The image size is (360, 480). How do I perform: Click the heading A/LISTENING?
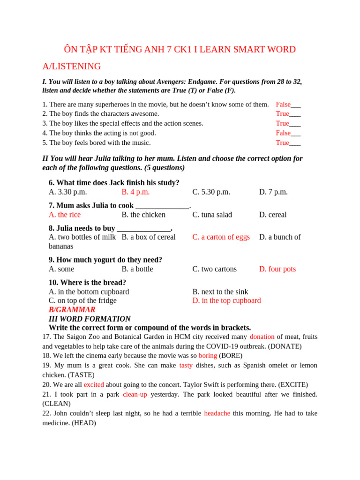pos(71,67)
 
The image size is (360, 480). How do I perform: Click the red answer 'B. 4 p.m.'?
pos(135,192)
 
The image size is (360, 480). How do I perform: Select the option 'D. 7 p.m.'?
pos(273,192)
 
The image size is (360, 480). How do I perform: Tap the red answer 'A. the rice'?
pos(65,215)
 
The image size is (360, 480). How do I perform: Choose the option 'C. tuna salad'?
pos(212,215)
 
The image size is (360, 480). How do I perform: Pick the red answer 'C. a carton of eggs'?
pos(221,237)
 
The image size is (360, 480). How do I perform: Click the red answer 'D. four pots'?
pos(277,269)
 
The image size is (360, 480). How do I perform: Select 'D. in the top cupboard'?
pos(226,300)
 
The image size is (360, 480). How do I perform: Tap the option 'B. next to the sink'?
pos(220,292)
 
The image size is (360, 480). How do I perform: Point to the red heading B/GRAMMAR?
pos(72,310)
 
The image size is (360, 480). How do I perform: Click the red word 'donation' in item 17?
pos(262,337)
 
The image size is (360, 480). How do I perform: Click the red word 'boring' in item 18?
pos(208,356)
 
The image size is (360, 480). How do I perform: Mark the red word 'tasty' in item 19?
pos(186,365)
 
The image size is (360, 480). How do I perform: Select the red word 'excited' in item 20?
pos(94,384)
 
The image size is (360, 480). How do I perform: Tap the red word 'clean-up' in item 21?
pos(135,394)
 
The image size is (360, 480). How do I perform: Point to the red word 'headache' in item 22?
pos(217,413)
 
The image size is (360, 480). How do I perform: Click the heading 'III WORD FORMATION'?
pos(90,319)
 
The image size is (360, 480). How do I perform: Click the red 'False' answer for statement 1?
pos(283,105)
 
